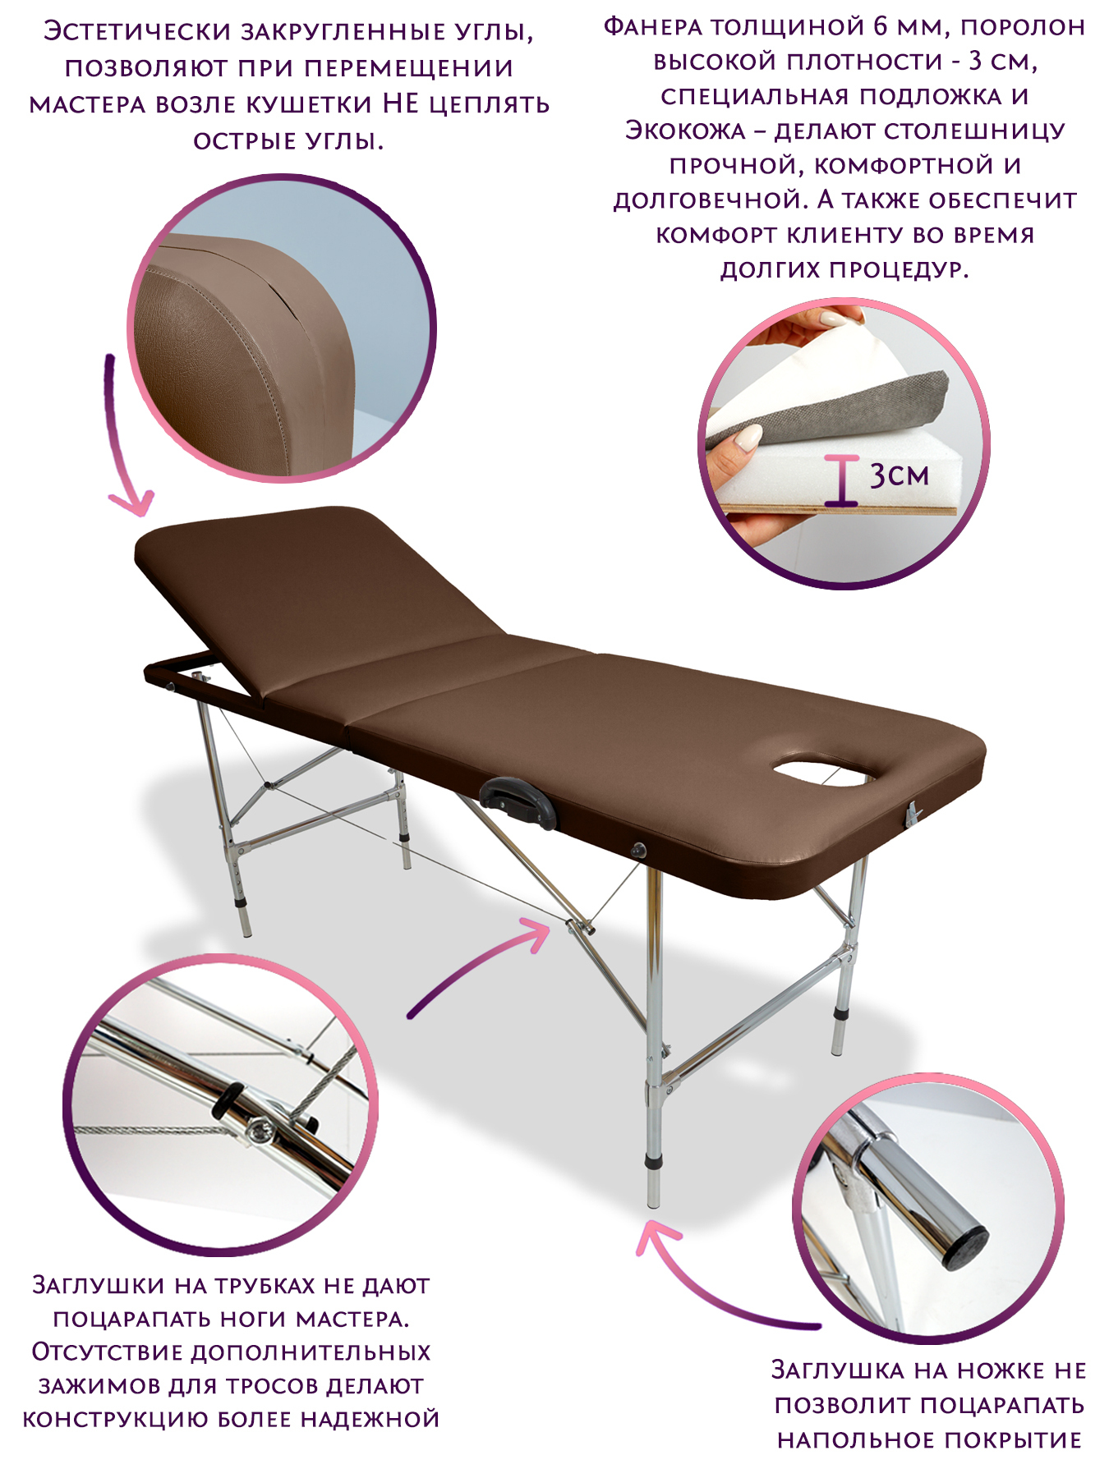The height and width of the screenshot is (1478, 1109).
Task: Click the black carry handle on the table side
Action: tap(518, 802)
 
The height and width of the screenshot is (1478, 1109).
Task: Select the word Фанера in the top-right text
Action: tap(652, 27)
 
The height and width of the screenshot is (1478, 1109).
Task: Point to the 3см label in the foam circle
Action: tap(900, 476)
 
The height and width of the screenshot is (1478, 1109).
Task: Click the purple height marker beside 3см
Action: tap(842, 480)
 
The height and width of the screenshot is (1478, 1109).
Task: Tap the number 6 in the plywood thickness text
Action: tap(881, 27)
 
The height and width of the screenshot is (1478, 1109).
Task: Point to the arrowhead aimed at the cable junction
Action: tap(534, 934)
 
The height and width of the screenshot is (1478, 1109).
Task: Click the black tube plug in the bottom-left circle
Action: tap(227, 1100)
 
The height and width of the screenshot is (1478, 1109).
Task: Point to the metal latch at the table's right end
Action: tap(912, 815)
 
